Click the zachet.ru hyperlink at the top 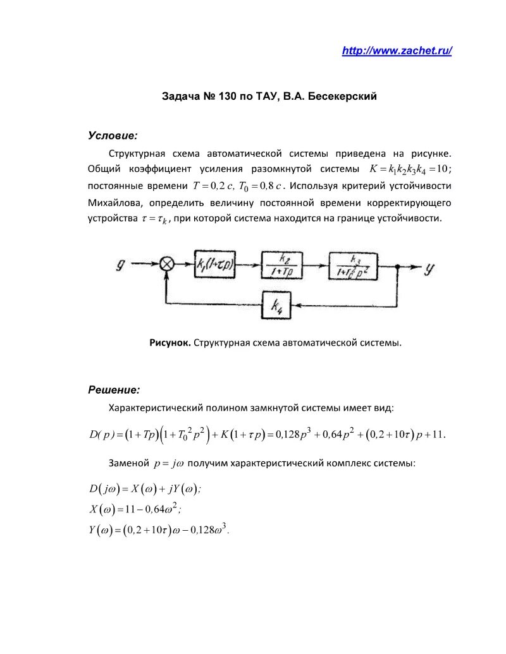point(397,51)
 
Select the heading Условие point(113,135)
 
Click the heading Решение point(114,390)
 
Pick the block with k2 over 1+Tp point(283,265)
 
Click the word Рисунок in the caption point(170,342)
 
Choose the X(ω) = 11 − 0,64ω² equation point(136,508)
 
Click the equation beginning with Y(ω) point(158,529)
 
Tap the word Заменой point(129,463)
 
